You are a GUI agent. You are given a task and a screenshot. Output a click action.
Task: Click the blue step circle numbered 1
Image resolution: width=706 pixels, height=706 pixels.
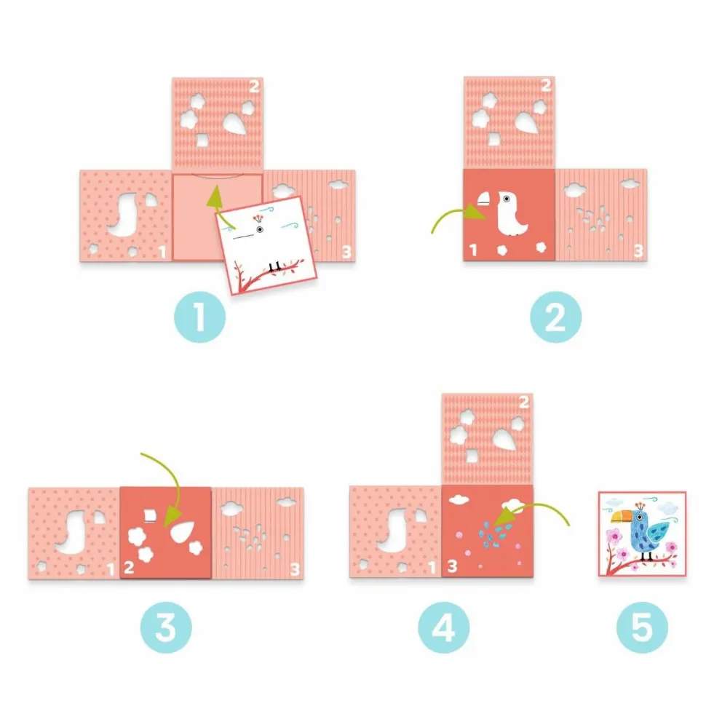(199, 317)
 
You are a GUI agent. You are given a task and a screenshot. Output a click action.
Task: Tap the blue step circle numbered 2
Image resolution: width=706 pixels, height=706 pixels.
(555, 317)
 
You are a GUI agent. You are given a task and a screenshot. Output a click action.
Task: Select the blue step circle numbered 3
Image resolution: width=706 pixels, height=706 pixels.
(166, 627)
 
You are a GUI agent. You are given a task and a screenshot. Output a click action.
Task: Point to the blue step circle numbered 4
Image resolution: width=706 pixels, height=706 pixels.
(443, 627)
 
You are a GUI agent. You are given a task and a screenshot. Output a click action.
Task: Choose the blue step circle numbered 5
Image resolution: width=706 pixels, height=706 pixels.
(642, 627)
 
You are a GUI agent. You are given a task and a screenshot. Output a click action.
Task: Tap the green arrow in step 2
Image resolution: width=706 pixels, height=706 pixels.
(455, 213)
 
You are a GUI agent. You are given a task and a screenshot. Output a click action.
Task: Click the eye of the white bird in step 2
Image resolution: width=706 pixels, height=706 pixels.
(507, 199)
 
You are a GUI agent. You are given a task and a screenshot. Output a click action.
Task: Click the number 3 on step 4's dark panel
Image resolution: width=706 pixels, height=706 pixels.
(452, 566)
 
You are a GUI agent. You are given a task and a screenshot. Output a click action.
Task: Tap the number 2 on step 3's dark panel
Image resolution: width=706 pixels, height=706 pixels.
(129, 567)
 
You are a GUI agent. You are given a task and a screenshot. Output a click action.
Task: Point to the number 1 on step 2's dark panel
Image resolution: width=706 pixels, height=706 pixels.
(473, 250)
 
